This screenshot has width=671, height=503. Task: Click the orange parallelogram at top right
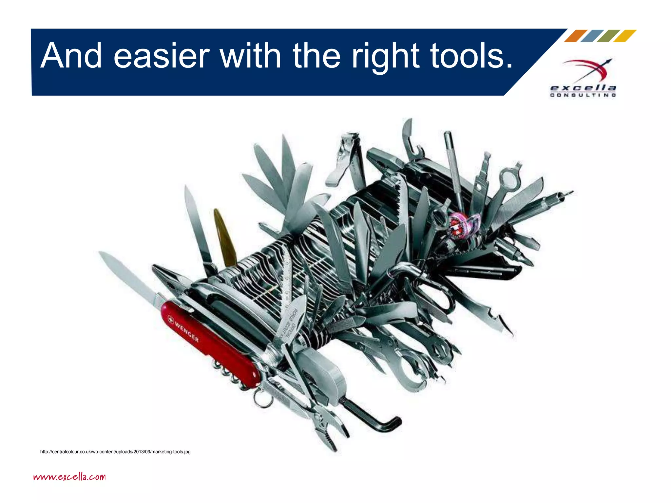576,36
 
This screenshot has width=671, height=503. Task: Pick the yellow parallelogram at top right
625,36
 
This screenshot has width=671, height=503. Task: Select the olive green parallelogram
608,36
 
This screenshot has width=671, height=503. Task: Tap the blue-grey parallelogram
592,36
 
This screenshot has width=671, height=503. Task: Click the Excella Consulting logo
583,79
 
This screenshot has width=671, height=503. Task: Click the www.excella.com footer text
69,476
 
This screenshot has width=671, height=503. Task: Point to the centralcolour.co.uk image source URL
115,452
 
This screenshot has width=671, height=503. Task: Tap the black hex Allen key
374,416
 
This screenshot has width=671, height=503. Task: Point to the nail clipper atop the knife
347,157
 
